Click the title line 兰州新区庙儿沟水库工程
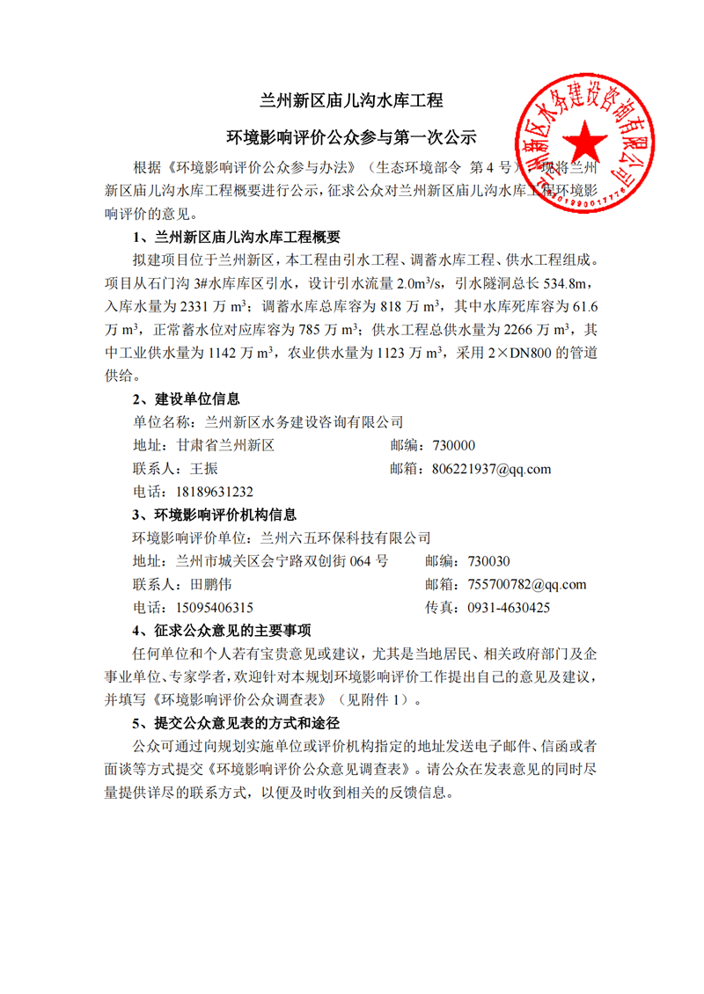351,101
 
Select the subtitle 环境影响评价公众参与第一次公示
351,138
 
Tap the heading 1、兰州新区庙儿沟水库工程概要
236,238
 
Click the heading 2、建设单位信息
186,398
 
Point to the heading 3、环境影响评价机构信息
214,514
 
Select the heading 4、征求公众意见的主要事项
221,630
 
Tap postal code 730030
489,561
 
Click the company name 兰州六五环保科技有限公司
344,537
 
